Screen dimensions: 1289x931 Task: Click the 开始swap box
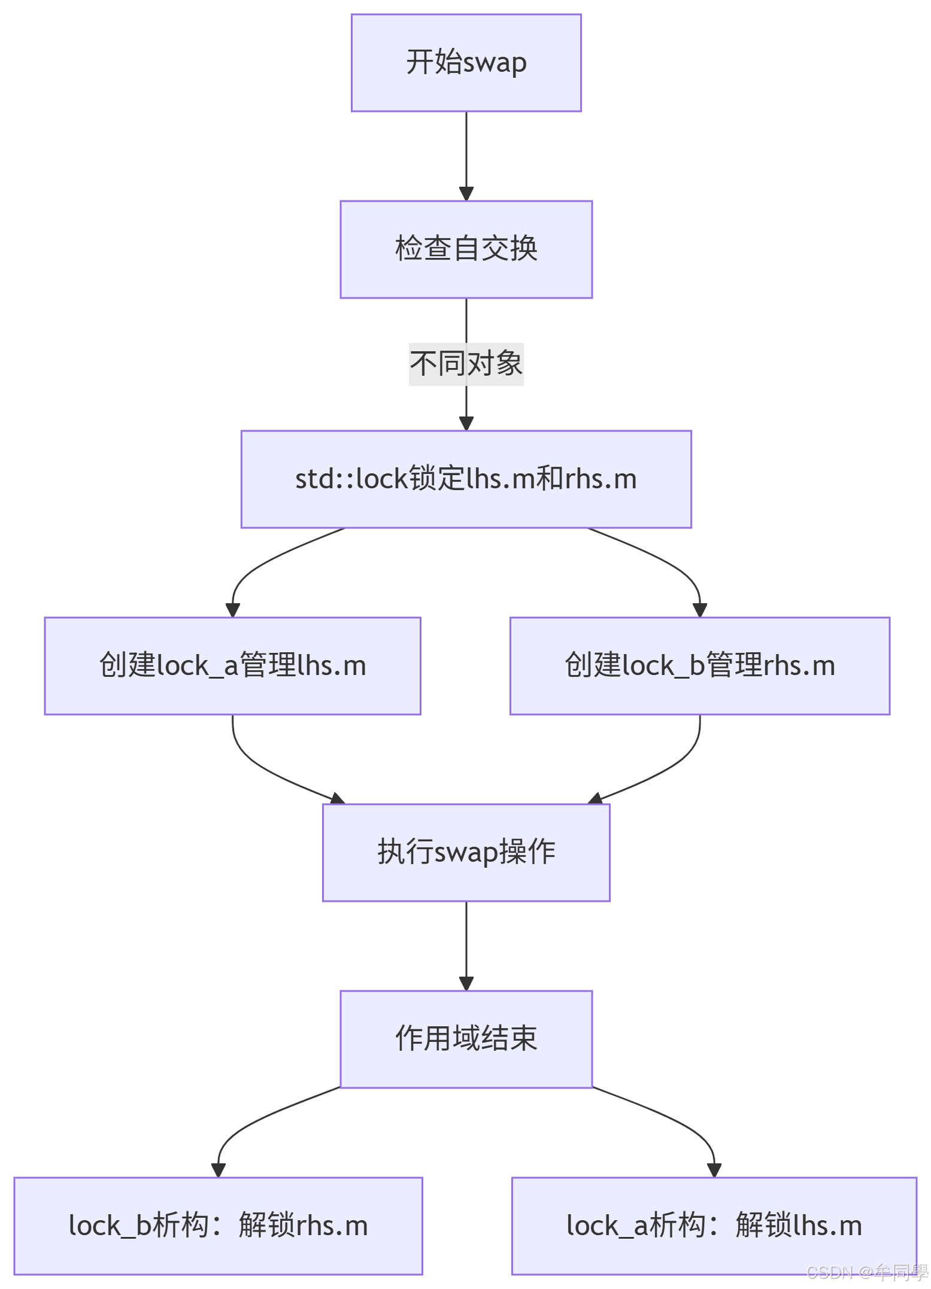(x=466, y=63)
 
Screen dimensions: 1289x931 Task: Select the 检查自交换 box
(x=466, y=249)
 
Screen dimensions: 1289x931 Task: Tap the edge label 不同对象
(x=466, y=364)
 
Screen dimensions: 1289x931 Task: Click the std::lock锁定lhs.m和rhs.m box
(x=466, y=479)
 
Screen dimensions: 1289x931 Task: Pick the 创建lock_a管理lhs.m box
(x=232, y=665)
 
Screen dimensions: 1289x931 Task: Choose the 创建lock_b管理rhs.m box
(x=699, y=665)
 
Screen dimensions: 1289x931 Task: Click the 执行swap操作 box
(x=466, y=852)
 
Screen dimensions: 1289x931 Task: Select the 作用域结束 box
(x=466, y=1039)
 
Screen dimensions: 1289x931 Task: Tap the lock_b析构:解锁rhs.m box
(x=218, y=1226)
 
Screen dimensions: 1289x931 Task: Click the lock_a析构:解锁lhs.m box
(x=714, y=1226)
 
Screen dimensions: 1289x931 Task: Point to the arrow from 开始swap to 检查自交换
(x=466, y=156)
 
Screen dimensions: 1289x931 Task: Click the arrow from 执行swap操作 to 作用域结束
(x=466, y=946)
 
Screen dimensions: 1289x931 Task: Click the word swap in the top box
(x=495, y=63)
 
